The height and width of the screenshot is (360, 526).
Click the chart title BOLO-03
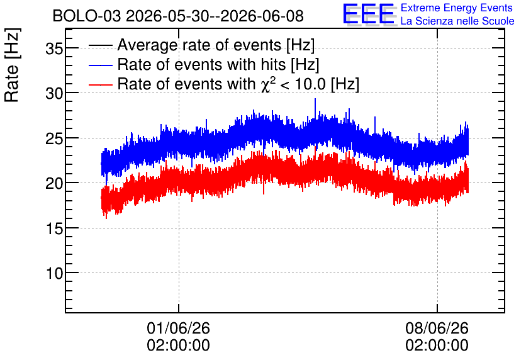pos(87,16)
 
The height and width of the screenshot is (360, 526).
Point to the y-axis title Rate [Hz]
pos(12,65)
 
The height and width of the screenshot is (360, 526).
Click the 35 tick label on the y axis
pos(54,49)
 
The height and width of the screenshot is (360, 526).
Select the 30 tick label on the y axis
pos(54,94)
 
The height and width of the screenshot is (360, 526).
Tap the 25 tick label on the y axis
pos(54,138)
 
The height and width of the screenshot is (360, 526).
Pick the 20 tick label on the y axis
pos(54,184)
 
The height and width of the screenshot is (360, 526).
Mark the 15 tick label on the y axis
pos(54,228)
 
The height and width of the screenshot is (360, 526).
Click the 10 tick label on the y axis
pos(54,273)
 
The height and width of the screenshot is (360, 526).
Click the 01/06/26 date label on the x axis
pos(179,328)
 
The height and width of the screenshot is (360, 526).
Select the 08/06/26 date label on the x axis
pos(437,328)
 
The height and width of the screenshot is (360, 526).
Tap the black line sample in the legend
pos(100,45)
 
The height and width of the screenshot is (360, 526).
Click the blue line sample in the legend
pos(100,65)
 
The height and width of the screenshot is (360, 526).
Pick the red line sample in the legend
pos(100,84)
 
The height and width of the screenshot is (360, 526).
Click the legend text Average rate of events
pos(199,45)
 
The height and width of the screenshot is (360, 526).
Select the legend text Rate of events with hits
pos(201,64)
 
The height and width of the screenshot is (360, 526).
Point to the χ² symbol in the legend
pos(266,84)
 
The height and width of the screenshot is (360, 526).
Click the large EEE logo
pos(369,14)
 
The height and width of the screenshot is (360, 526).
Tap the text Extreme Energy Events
pos(457,8)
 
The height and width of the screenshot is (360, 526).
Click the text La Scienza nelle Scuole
pos(457,21)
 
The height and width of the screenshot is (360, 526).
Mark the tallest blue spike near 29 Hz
pos(315,108)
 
